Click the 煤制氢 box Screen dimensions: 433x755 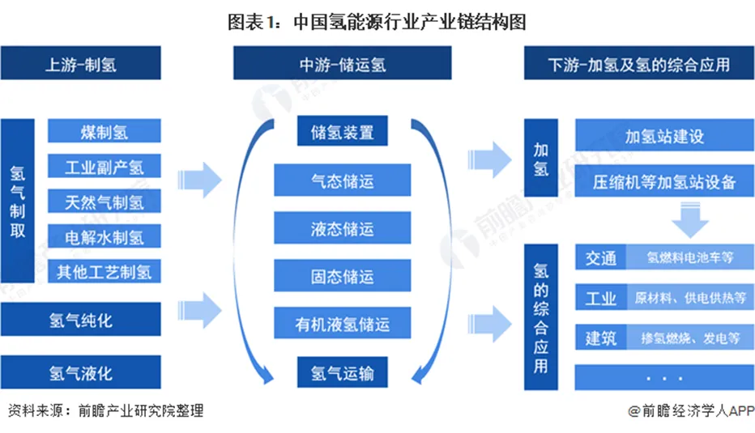[105, 132]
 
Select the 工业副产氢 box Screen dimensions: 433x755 [105, 167]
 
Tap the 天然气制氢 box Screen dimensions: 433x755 [105, 202]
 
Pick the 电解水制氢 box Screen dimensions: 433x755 [105, 236]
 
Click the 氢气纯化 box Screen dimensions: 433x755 [80, 321]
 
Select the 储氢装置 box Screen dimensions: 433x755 [343, 132]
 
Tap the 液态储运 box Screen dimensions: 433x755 [343, 228]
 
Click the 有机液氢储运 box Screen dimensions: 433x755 [343, 325]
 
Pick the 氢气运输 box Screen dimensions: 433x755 [343, 373]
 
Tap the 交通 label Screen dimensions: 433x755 [601, 258]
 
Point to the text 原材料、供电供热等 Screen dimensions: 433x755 [690, 298]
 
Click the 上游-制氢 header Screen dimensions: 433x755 [80, 64]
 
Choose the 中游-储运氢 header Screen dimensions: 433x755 [343, 64]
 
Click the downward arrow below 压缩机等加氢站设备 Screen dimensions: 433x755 [686, 219]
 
